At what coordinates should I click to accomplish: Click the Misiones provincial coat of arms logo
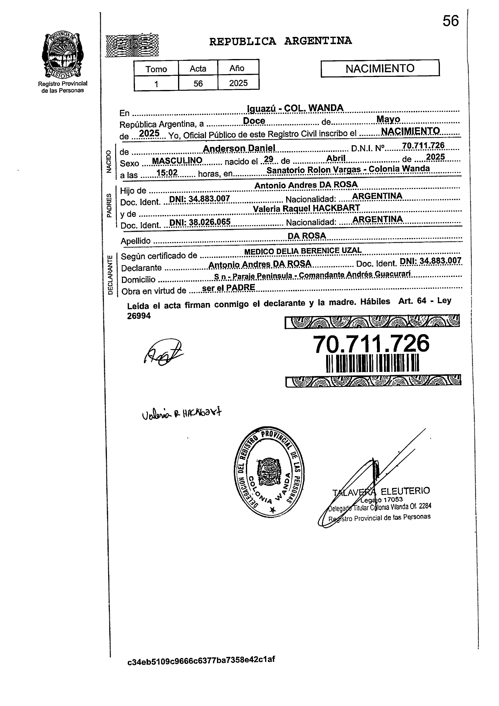pyautogui.click(x=62, y=55)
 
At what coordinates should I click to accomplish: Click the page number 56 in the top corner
pyautogui.click(x=450, y=21)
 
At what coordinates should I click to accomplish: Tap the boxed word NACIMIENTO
pyautogui.click(x=380, y=68)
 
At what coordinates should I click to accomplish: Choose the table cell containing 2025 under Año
pyautogui.click(x=238, y=83)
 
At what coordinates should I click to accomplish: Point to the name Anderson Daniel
pyautogui.click(x=239, y=148)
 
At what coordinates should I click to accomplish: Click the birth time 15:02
pyautogui.click(x=167, y=173)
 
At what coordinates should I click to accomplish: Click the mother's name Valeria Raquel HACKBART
pyautogui.click(x=306, y=208)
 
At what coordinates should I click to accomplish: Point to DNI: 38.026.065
pyautogui.click(x=200, y=222)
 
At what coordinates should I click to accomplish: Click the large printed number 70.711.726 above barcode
pyautogui.click(x=371, y=344)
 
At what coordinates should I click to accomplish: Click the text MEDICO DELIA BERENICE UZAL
pyautogui.click(x=303, y=251)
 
